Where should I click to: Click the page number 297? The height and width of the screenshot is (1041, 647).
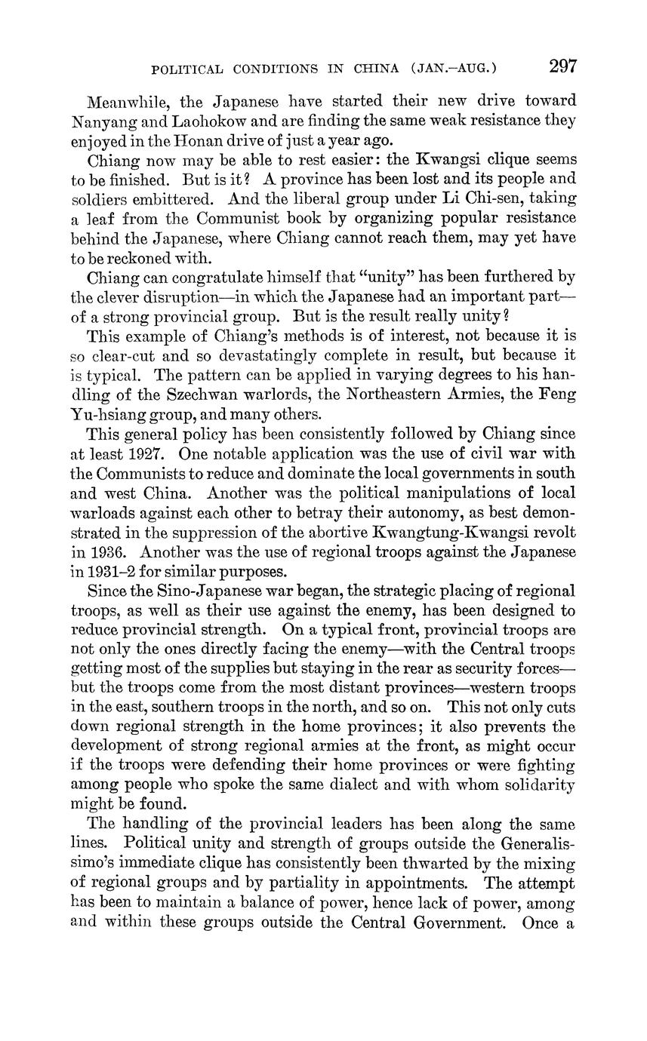[x=563, y=66]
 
